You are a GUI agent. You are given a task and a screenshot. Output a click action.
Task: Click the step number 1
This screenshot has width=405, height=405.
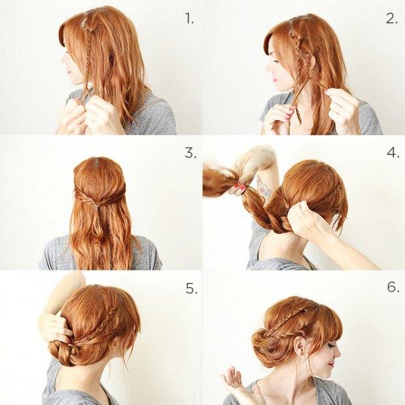(189, 18)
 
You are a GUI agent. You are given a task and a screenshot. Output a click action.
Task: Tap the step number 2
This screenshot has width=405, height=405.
(391, 18)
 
